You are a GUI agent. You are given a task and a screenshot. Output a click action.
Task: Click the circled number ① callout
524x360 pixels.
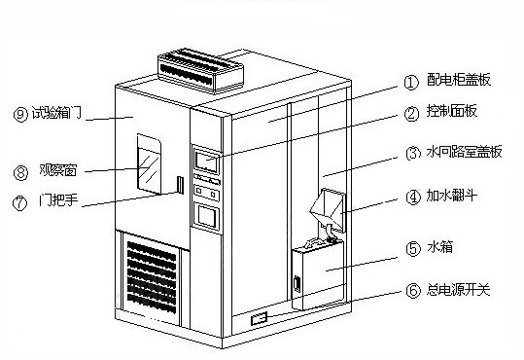click(x=411, y=83)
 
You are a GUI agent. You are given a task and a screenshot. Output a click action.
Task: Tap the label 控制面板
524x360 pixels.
click(x=452, y=111)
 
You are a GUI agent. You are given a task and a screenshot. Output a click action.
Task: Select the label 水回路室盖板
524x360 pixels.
click(x=464, y=152)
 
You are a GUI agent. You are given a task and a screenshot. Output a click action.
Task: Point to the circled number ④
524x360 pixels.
click(x=413, y=197)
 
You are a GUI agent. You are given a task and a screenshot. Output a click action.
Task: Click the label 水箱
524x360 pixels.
click(x=439, y=247)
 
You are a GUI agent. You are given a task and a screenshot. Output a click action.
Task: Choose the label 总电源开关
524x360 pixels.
click(x=458, y=289)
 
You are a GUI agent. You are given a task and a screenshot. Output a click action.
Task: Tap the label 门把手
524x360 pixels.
click(x=58, y=200)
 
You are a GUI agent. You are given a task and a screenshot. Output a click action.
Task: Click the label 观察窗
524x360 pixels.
click(x=57, y=170)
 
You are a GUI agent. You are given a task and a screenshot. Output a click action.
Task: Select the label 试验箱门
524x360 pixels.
click(x=56, y=113)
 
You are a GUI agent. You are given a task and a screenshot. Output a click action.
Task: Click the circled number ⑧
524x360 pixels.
click(x=20, y=173)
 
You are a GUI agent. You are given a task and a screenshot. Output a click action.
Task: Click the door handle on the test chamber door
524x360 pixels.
click(x=181, y=184)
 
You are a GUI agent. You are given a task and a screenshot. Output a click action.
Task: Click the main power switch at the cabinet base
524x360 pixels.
click(x=260, y=318)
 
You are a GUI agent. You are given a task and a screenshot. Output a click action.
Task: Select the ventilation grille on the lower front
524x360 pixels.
click(x=152, y=277)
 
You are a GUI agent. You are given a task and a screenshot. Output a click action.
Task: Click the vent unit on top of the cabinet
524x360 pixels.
click(x=200, y=70)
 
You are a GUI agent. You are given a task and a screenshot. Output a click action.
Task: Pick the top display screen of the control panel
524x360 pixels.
click(x=206, y=162)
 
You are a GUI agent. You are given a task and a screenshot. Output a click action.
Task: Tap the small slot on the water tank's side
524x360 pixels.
click(x=297, y=283)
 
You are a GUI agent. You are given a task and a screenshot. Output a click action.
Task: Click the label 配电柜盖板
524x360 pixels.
click(x=459, y=79)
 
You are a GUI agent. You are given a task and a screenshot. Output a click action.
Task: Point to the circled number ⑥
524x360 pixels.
click(x=413, y=290)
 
